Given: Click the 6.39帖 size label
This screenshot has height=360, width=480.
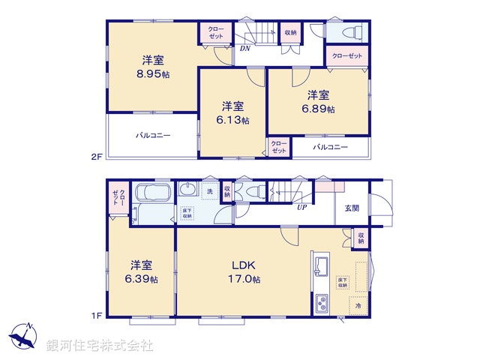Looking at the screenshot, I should (x=142, y=279).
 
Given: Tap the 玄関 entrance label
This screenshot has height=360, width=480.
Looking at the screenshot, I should (x=352, y=208).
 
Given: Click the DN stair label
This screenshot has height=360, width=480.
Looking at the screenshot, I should (x=244, y=49).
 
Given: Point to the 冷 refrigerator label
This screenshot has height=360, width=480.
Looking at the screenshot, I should (x=358, y=306).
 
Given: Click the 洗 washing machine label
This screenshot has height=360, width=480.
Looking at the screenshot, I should (x=209, y=192).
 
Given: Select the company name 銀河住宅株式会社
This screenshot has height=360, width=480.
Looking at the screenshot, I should (x=100, y=346).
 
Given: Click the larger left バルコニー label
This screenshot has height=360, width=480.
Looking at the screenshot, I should (x=153, y=136).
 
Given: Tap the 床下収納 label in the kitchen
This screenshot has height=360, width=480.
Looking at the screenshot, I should (x=342, y=283).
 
